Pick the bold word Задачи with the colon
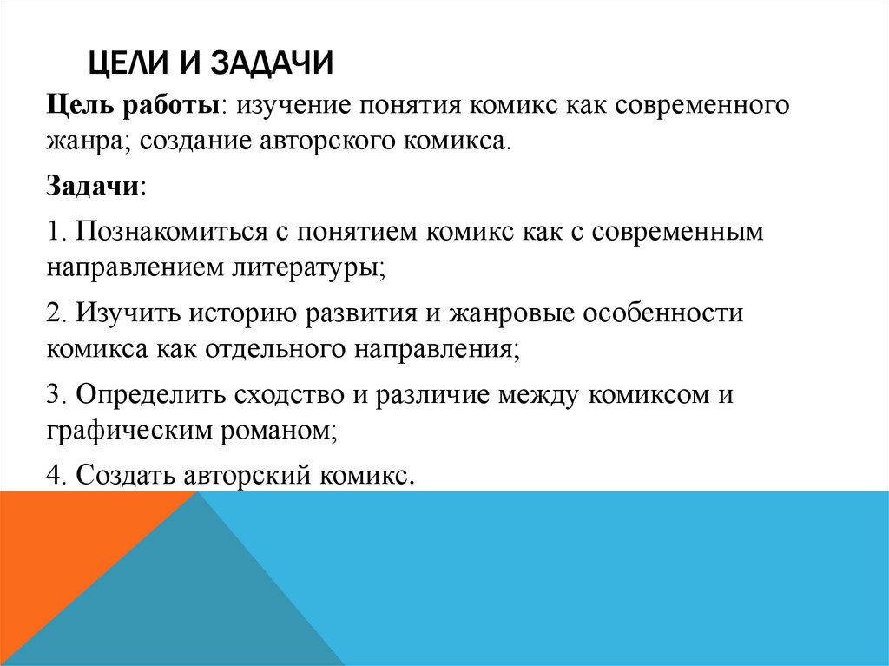coord(96,187)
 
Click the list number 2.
coord(54,313)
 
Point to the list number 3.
coord(54,392)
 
